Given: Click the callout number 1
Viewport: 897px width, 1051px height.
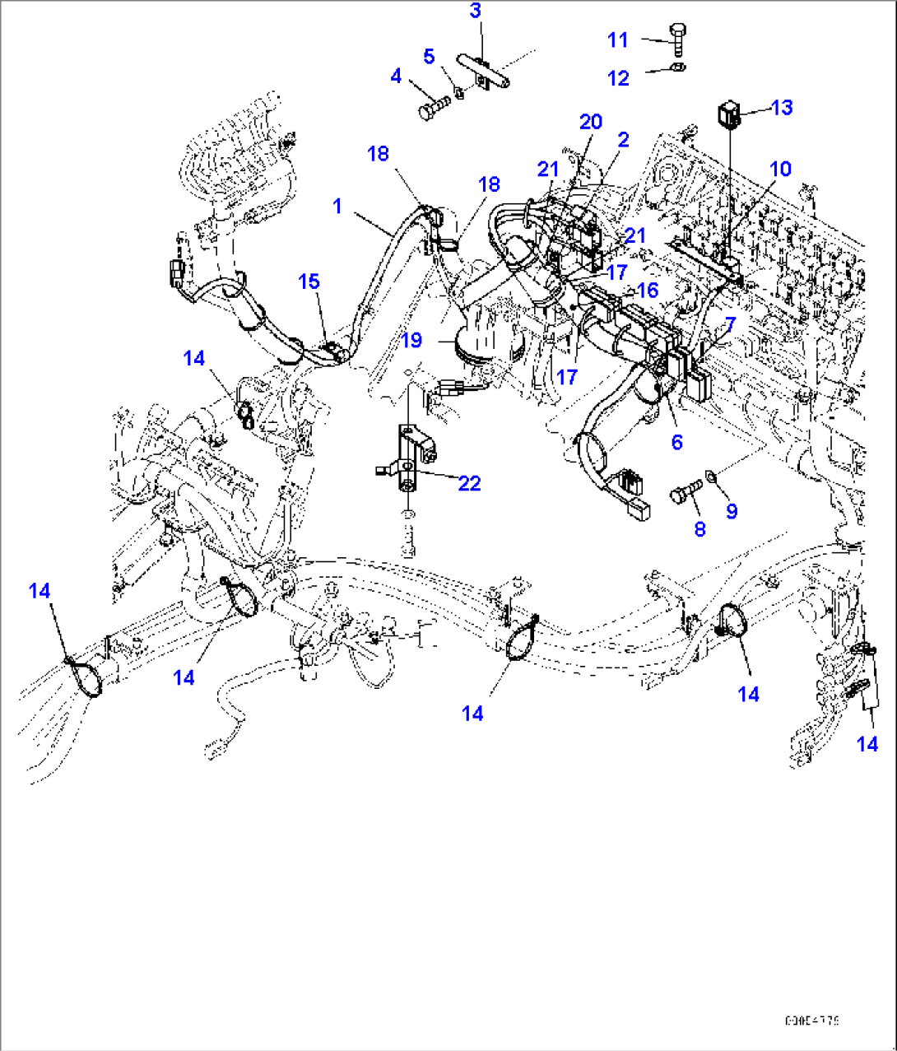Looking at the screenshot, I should pos(337,206).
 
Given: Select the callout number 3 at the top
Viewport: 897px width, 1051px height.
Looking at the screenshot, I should pos(476,11).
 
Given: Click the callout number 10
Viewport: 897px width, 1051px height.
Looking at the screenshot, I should pos(779,169).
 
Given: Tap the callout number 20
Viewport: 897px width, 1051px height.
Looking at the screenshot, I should pos(590,122).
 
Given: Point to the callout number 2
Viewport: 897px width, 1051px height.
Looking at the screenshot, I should pos(623,139).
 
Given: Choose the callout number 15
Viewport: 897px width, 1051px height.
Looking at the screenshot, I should pos(309,281).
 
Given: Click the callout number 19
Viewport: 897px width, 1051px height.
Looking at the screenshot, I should pos(411,339).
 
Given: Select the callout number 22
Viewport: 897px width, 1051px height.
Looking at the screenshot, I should pos(469,482).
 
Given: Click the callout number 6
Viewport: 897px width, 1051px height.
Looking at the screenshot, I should pos(676,442).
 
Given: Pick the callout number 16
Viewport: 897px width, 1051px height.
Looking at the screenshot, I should pos(648,290).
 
